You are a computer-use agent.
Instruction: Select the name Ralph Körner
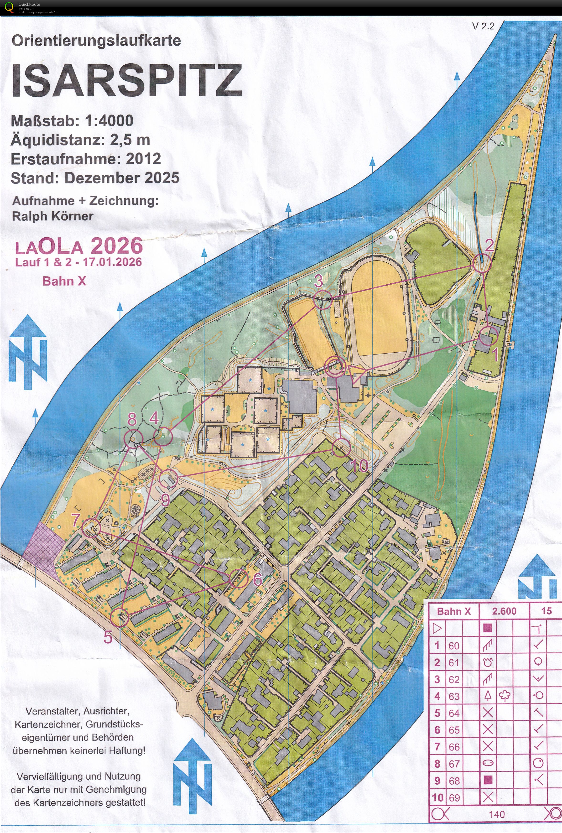[x=53, y=216]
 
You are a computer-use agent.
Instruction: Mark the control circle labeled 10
[x=341, y=448]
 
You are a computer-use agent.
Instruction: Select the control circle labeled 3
[x=323, y=300]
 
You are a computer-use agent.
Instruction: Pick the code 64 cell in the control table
[x=454, y=713]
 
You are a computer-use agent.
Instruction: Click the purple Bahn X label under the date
[x=64, y=281]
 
